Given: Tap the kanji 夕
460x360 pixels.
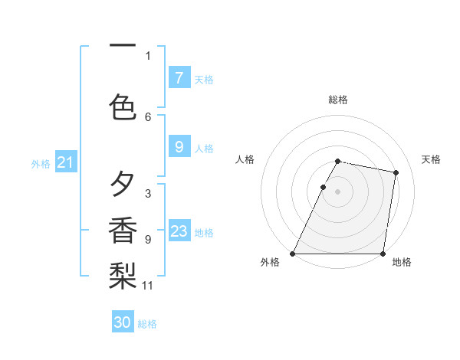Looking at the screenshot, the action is (x=123, y=185).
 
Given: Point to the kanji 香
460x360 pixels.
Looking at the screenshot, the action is (x=123, y=231).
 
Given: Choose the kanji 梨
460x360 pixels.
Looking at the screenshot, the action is (x=123, y=277).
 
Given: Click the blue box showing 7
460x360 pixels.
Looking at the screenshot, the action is (x=179, y=77).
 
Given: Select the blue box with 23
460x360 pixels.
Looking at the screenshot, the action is (x=179, y=231).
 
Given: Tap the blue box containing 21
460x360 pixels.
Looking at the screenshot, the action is (x=65, y=162).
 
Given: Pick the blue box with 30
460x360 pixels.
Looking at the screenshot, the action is (x=123, y=322).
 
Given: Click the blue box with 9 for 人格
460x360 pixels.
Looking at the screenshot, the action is (x=179, y=147).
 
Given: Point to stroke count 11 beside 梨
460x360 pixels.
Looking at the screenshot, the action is (x=148, y=286).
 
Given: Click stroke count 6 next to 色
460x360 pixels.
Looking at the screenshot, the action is (x=148, y=116).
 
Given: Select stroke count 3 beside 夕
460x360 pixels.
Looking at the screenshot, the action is (x=148, y=193).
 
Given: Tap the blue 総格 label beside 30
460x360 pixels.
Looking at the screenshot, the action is (x=147, y=324).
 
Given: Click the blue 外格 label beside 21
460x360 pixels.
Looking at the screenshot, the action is (x=41, y=163).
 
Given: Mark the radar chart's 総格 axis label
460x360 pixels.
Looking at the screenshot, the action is (x=338, y=100).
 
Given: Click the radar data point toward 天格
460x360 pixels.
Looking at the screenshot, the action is (x=396, y=173).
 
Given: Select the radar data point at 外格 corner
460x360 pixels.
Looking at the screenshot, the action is (x=293, y=254).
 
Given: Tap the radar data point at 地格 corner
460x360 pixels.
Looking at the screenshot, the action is (x=383, y=254).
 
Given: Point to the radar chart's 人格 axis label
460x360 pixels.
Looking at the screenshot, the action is (x=245, y=159).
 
